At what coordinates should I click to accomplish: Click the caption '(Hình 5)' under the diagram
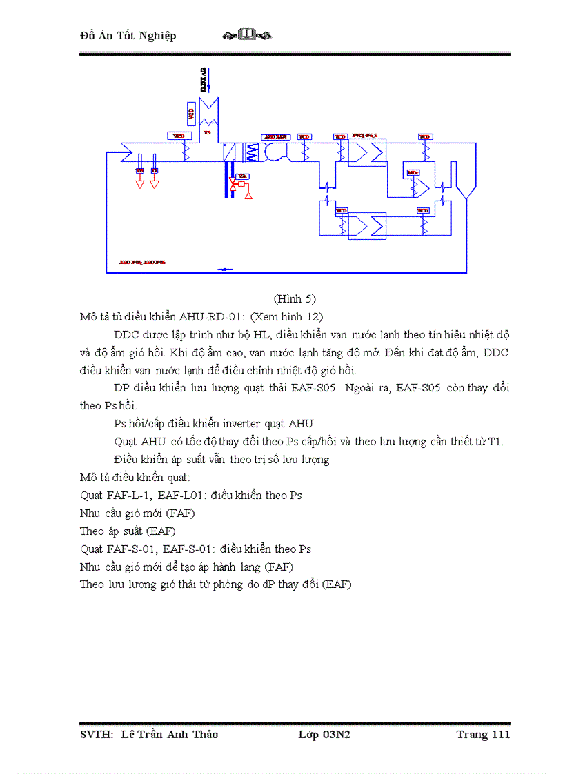(295, 298)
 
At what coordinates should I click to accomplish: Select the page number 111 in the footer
(500, 734)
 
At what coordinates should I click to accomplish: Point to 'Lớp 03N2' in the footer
(324, 734)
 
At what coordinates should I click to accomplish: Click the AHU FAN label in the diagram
(275, 136)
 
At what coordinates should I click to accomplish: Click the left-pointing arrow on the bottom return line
(225, 269)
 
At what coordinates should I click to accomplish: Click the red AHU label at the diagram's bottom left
(141, 263)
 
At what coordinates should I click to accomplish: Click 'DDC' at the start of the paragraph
(127, 335)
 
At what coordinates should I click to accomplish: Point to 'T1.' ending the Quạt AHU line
(495, 441)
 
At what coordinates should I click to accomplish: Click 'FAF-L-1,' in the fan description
(129, 495)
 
